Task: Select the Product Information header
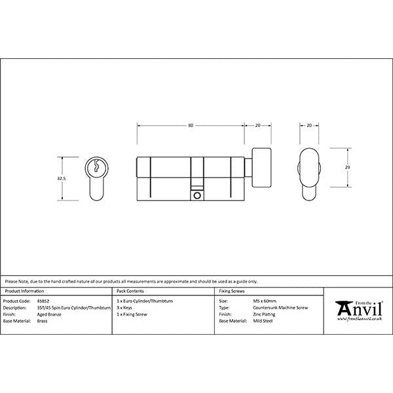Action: pos(24,290)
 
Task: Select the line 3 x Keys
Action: pos(125,305)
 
